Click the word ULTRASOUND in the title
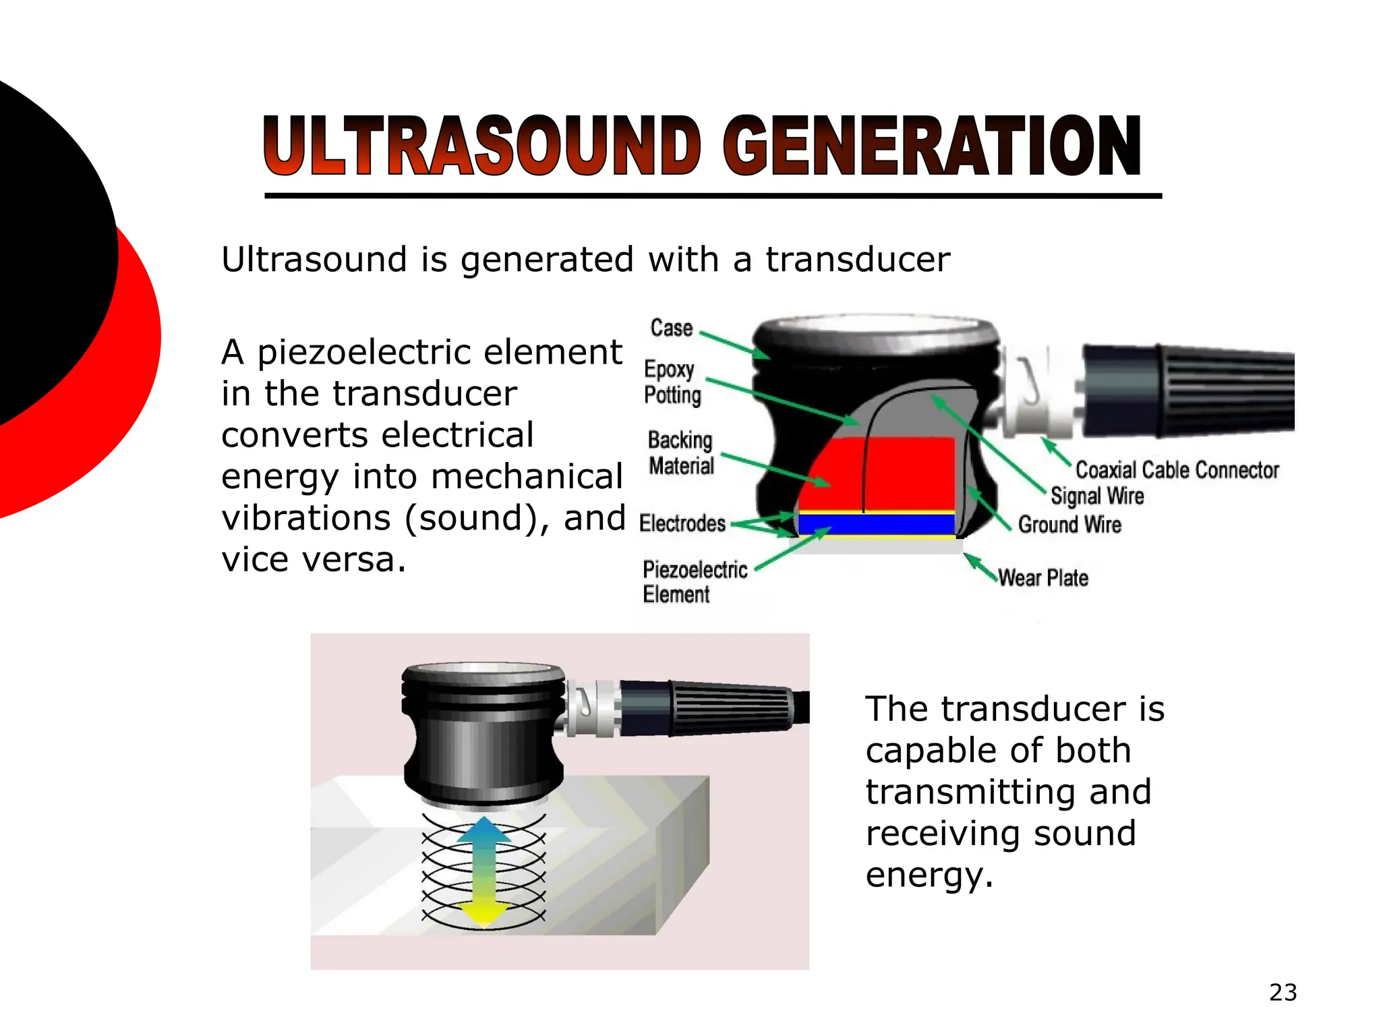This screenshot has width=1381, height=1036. [482, 146]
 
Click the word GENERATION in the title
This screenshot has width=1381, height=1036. [932, 146]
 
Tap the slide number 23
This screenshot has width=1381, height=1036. [1283, 992]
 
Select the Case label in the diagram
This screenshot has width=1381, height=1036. [672, 328]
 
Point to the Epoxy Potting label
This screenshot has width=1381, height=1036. [672, 382]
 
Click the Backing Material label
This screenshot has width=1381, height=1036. [680, 453]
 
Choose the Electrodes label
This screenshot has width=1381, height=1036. [682, 523]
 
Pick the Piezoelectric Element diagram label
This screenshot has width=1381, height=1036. [695, 581]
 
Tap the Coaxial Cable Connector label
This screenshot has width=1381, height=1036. [1177, 470]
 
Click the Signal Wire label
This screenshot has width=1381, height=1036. [1097, 496]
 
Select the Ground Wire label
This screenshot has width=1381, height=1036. [1069, 525]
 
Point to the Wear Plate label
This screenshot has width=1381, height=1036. [1042, 578]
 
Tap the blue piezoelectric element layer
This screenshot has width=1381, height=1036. [877, 524]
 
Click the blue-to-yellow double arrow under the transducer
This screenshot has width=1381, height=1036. [484, 870]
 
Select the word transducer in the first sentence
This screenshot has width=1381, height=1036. [857, 260]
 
